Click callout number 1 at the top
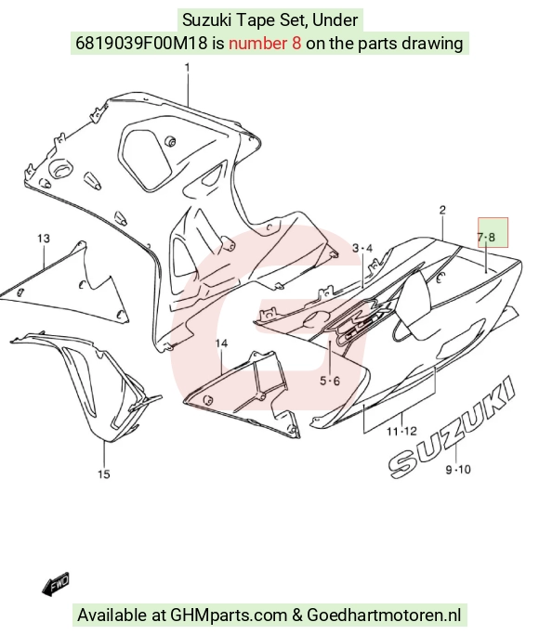pyautogui.click(x=187, y=67)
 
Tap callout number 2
pyautogui.click(x=442, y=210)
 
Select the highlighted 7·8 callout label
pyautogui.click(x=486, y=237)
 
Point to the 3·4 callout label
pyautogui.click(x=362, y=248)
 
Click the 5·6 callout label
pyautogui.click(x=330, y=381)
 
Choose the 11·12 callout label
pyautogui.click(x=401, y=432)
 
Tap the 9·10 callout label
pyautogui.click(x=458, y=470)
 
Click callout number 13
pyautogui.click(x=44, y=239)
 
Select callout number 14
pyautogui.click(x=221, y=343)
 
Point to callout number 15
pyautogui.click(x=104, y=473)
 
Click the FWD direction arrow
pyautogui.click(x=56, y=584)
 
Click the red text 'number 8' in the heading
pyautogui.click(x=265, y=43)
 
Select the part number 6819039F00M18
pyautogui.click(x=141, y=43)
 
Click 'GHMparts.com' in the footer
pyautogui.click(x=229, y=616)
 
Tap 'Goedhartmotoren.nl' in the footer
pyautogui.click(x=384, y=615)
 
